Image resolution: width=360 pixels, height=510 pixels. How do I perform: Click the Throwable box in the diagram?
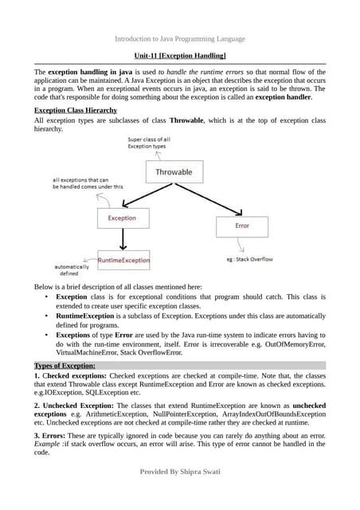(174, 172)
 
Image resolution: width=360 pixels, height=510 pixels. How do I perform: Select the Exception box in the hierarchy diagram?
(122, 218)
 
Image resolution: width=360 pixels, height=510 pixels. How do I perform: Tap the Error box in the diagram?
(242, 226)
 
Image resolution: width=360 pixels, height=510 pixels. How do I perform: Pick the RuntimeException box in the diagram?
(123, 260)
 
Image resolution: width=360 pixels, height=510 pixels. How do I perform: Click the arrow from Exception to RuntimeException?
(122, 240)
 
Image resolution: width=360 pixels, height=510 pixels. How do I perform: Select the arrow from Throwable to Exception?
(147, 196)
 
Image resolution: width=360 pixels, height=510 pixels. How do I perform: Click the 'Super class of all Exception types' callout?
(148, 143)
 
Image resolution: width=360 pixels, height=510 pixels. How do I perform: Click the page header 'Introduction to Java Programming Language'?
(180, 38)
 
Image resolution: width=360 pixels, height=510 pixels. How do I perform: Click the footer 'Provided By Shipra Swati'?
(180, 473)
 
